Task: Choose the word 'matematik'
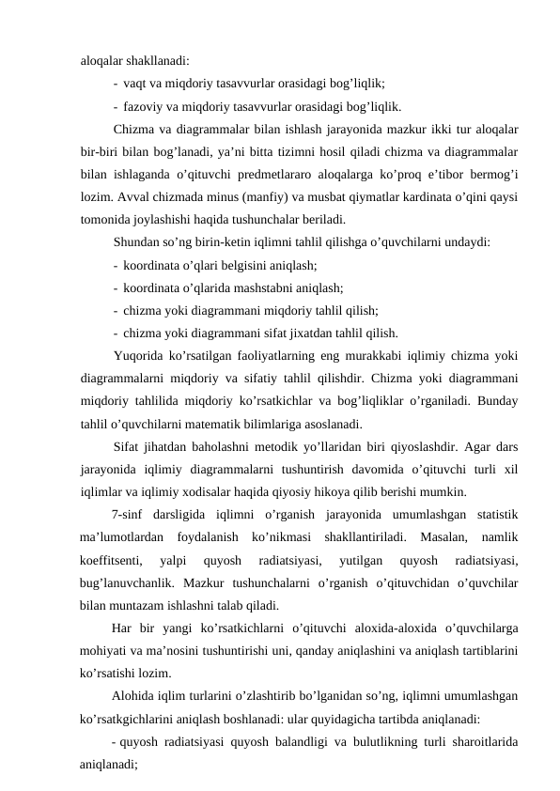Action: click(233, 423)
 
